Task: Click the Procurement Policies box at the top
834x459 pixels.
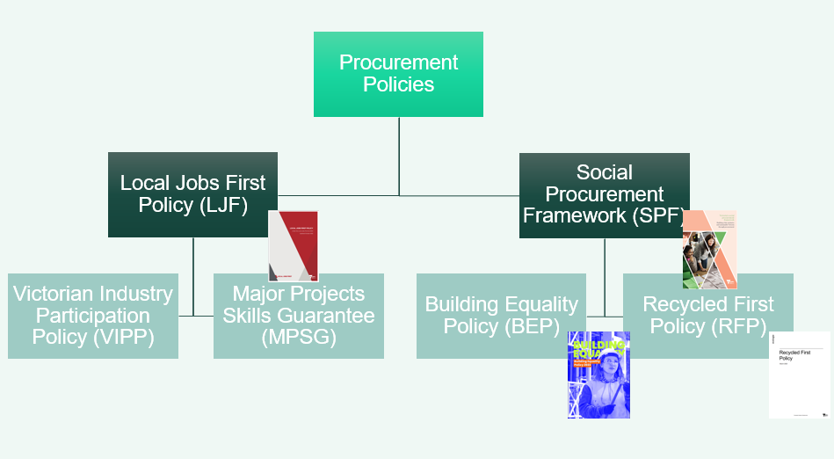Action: click(x=398, y=74)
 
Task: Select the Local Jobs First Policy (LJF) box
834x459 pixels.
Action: click(x=192, y=194)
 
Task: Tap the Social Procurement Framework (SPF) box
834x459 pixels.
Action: click(x=604, y=194)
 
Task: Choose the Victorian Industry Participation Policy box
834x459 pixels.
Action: click(x=93, y=315)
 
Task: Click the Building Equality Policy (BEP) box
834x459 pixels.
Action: click(x=501, y=315)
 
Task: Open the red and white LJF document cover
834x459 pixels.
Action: click(x=293, y=245)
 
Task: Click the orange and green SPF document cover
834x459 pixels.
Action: click(x=709, y=249)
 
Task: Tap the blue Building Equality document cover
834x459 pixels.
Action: click(x=598, y=375)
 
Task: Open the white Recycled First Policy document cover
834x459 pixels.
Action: click(x=799, y=375)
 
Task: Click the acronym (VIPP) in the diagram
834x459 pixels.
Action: click(x=93, y=338)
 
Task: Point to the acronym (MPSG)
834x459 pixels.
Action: click(x=298, y=338)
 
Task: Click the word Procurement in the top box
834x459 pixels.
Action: click(x=399, y=62)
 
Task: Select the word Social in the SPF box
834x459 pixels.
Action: click(x=604, y=172)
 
